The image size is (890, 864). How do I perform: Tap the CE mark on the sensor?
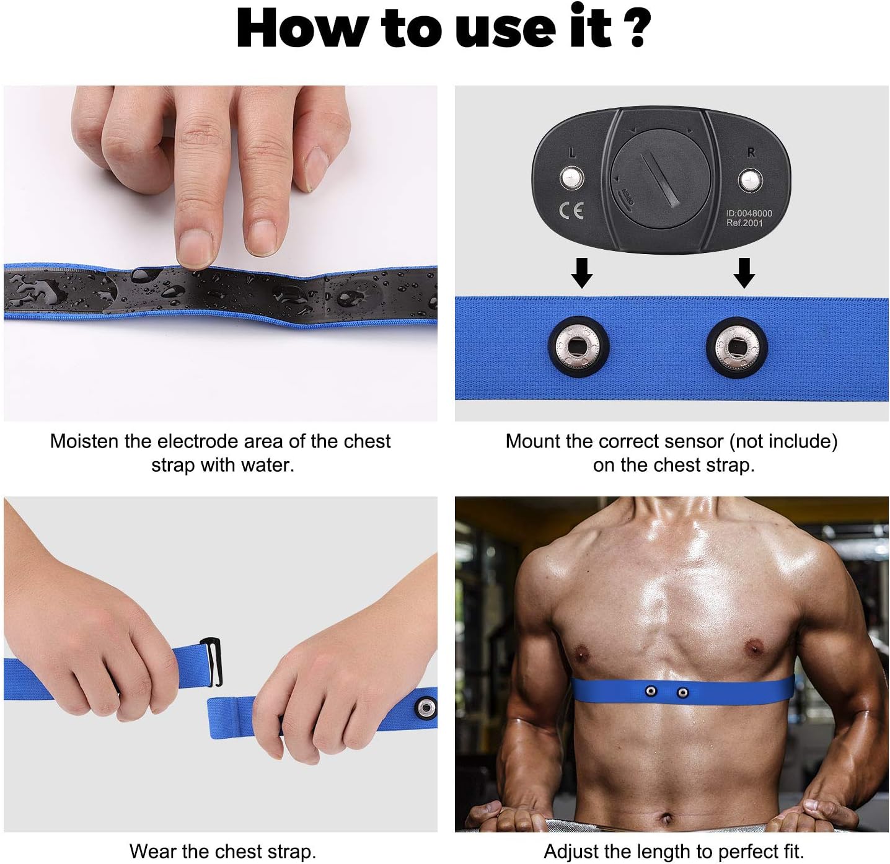point(571,211)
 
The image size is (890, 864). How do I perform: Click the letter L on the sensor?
point(571,152)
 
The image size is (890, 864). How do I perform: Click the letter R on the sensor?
point(751,152)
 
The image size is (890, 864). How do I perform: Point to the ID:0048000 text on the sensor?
point(749,213)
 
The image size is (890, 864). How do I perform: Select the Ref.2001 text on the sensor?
point(744,223)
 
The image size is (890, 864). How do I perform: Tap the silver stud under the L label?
point(571,179)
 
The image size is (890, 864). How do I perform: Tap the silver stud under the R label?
point(750,181)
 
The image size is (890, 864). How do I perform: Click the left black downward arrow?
point(581,273)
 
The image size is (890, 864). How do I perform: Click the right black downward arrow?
point(744,273)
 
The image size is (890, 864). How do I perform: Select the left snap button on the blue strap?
point(579,346)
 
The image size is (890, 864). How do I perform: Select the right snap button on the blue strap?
point(737,346)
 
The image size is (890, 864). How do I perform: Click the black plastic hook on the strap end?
point(212,662)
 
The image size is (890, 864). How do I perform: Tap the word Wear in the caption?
point(152,851)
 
